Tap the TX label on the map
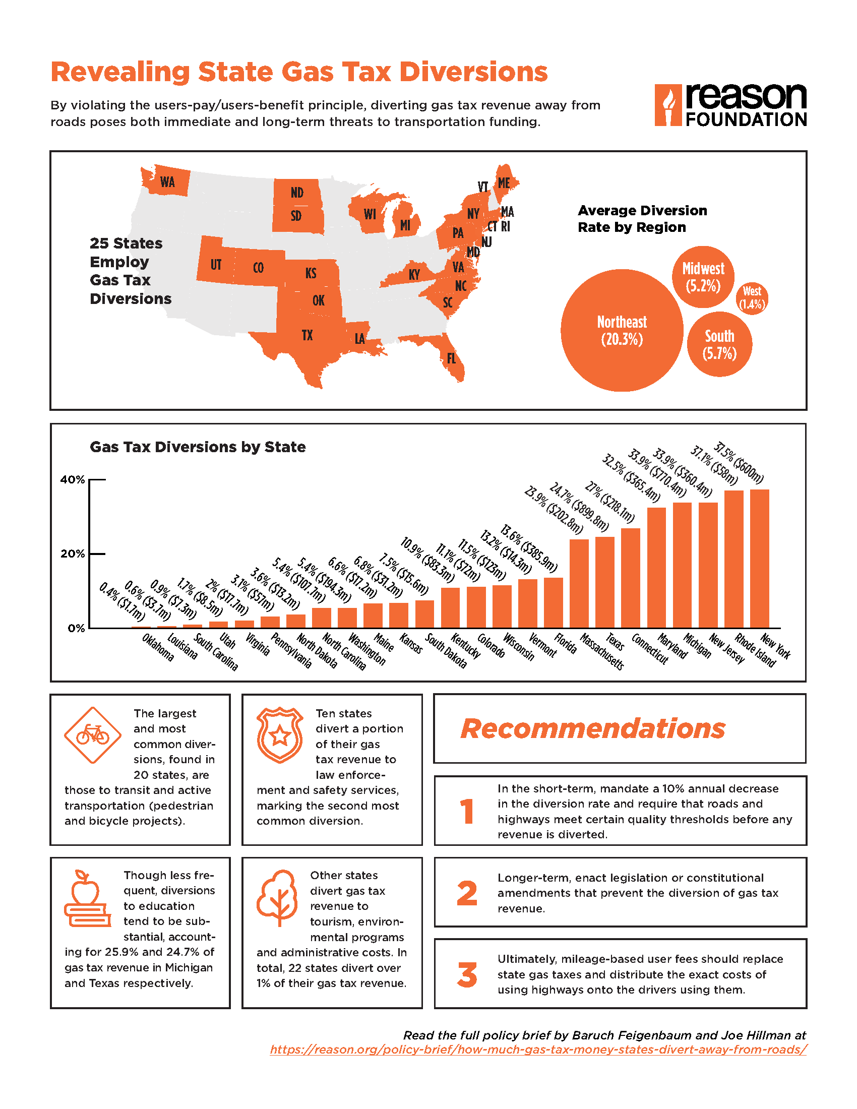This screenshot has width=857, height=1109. (307, 335)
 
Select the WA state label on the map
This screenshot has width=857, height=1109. (167, 182)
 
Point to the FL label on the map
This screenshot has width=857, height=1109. (451, 358)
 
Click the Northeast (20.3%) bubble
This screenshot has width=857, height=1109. (622, 330)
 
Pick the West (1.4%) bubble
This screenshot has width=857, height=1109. (752, 298)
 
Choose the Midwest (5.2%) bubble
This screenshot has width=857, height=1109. (703, 277)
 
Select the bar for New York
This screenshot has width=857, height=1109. (760, 559)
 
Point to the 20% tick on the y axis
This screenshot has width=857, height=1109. (98, 553)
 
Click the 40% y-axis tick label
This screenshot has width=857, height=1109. (73, 479)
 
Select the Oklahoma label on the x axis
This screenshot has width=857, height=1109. (158, 647)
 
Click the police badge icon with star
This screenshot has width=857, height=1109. (280, 735)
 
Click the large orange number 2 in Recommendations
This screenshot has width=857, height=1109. (467, 893)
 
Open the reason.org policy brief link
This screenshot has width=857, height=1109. (538, 1050)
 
